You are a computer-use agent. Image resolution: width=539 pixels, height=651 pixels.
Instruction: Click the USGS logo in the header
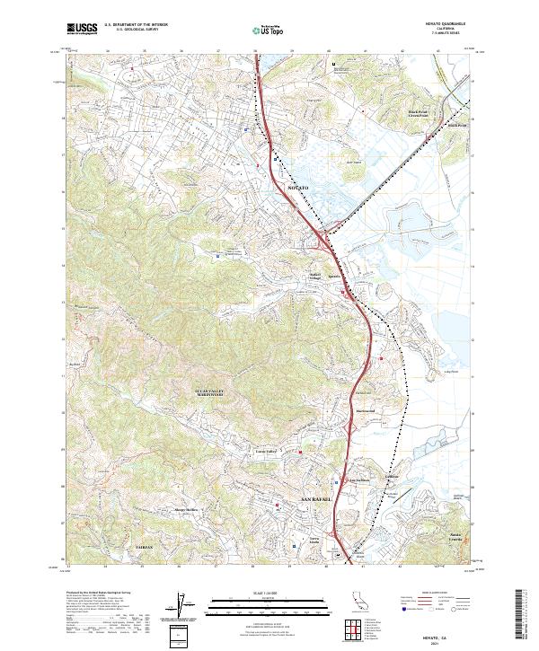(x=83, y=29)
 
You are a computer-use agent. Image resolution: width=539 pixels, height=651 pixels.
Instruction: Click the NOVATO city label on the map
(x=297, y=186)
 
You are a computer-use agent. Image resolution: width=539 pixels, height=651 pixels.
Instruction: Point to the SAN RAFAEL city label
(x=315, y=498)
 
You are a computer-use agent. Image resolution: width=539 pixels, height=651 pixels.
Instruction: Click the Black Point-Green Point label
(x=420, y=114)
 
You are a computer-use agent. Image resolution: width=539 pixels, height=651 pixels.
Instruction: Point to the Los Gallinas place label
(x=359, y=480)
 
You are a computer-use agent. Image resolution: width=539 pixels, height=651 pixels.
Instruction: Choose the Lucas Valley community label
(x=267, y=452)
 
